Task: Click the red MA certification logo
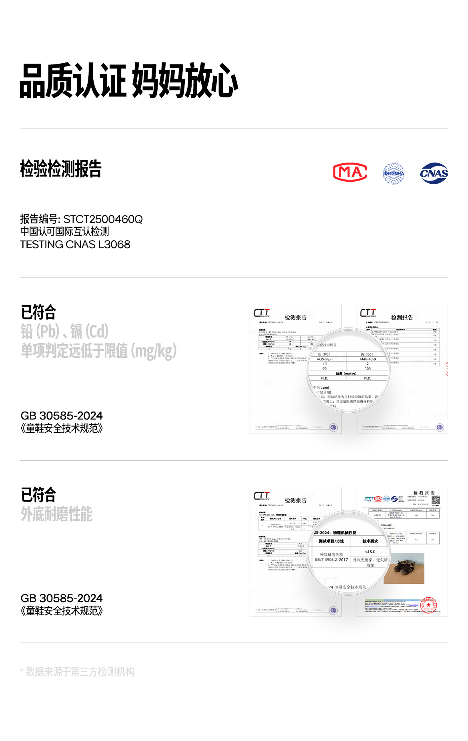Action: click(x=350, y=173)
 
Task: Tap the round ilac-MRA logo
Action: click(x=394, y=173)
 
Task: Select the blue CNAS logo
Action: click(x=434, y=173)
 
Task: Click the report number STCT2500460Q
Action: click(x=103, y=219)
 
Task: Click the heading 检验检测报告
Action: click(x=61, y=169)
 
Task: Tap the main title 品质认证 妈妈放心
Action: click(x=129, y=81)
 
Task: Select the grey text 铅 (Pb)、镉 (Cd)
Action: click(x=65, y=331)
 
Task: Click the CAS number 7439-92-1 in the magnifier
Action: click(x=324, y=359)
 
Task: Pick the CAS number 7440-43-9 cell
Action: click(x=368, y=359)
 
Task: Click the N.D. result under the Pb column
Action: click(x=324, y=378)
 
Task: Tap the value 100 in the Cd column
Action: click(x=368, y=369)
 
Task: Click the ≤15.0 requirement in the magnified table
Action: click(x=370, y=552)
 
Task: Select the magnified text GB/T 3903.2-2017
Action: click(x=331, y=560)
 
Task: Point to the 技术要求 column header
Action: click(x=370, y=541)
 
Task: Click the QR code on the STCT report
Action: click(x=436, y=499)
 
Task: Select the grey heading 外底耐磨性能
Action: click(x=57, y=514)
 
